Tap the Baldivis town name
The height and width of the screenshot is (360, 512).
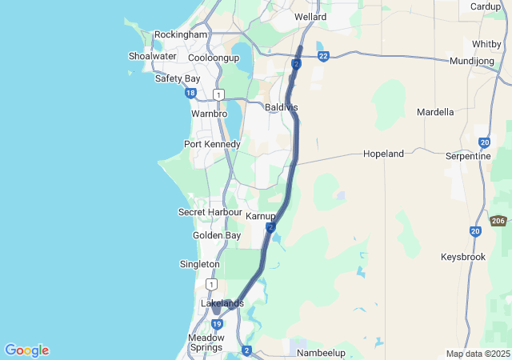click(x=281, y=106)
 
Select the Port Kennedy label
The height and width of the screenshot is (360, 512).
click(x=212, y=144)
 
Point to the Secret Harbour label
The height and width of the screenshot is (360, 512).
click(x=210, y=212)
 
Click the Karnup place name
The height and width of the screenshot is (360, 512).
click(x=261, y=217)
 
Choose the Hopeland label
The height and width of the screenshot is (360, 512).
click(x=383, y=154)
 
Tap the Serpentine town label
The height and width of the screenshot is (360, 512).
click(x=468, y=156)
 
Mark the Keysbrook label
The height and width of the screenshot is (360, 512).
click(x=462, y=258)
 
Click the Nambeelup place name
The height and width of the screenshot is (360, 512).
click(x=320, y=352)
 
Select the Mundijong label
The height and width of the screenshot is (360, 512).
click(x=473, y=61)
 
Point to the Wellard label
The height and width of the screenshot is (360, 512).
click(x=310, y=16)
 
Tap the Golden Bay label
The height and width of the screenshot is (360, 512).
click(x=216, y=235)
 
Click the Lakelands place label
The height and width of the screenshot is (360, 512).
click(x=222, y=303)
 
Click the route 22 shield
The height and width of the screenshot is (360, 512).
click(x=323, y=56)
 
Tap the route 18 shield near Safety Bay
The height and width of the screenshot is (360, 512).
click(x=190, y=94)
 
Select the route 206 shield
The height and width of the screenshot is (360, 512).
click(x=498, y=221)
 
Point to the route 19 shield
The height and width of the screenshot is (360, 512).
click(x=218, y=324)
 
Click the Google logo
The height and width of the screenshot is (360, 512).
click(x=26, y=350)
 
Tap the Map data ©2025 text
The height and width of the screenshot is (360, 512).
click(x=478, y=354)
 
